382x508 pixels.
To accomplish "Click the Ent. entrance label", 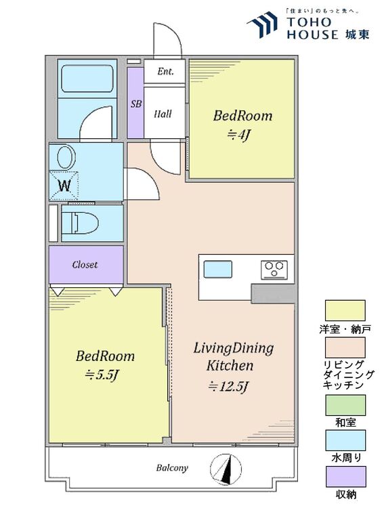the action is (165, 71).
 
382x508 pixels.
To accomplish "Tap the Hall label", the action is (163, 114).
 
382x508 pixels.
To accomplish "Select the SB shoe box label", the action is (136, 104).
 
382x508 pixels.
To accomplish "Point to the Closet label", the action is (85, 265).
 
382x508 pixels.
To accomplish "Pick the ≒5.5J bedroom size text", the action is (102, 375).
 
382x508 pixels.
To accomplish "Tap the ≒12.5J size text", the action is (229, 386).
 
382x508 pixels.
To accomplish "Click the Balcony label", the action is (172, 468).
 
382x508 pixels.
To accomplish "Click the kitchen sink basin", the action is (217, 269).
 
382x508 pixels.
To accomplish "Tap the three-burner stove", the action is (274, 270).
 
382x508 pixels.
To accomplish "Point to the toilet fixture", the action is (80, 223).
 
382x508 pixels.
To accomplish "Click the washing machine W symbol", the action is (64, 186).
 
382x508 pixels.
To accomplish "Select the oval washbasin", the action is (66, 157).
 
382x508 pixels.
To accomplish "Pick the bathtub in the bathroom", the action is (87, 79).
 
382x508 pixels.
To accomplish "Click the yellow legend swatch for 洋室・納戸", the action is (345, 310).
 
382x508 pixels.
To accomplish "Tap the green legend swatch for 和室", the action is (345, 405).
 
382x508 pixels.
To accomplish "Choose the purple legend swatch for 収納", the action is (345, 477).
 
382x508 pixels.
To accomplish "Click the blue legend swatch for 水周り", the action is (345, 440).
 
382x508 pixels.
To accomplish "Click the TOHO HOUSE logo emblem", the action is (263, 24).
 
